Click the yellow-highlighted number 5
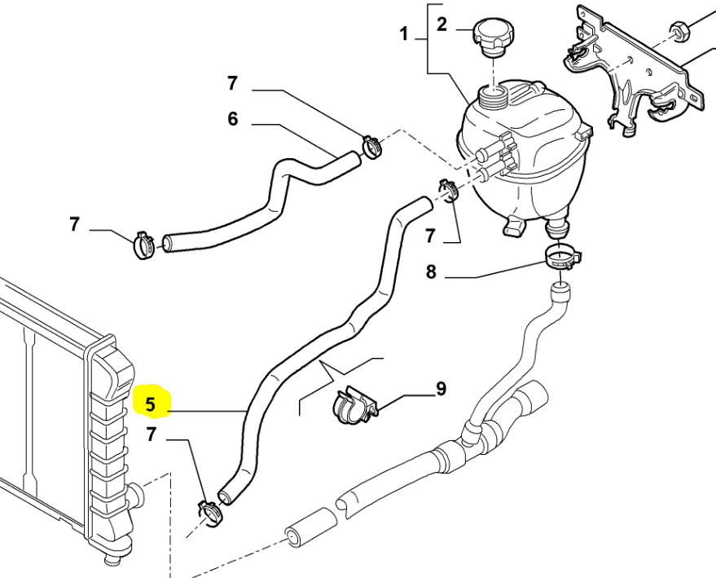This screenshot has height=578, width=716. pos(151,404)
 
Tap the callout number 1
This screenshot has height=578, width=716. pos(404,33)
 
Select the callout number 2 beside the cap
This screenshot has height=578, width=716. pos(441,24)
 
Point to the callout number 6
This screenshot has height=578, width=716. pos(233,119)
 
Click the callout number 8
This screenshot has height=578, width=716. pos(431,272)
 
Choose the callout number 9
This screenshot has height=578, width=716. pos(441,389)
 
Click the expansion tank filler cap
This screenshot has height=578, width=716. pos(493,38)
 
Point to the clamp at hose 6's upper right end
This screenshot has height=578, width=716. pos(371,147)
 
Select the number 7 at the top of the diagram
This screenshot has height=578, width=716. pos(232,83)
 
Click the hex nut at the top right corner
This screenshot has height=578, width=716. pos(679,32)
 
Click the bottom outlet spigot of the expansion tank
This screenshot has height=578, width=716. pos(558,227)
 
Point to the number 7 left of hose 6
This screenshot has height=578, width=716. pos(74,224)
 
